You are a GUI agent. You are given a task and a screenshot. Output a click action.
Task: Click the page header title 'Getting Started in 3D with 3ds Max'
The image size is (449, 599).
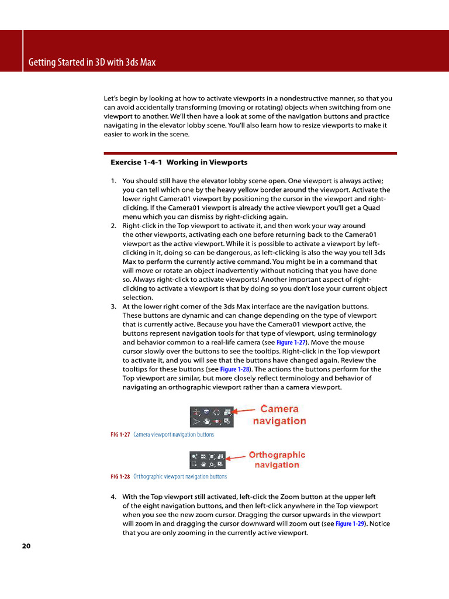click(92, 62)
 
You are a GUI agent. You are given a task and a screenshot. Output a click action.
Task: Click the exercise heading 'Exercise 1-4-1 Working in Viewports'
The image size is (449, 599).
click(179, 162)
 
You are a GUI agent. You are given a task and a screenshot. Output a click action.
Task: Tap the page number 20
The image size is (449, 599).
click(26, 546)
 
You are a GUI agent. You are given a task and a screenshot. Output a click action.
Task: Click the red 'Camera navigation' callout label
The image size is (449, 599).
click(279, 415)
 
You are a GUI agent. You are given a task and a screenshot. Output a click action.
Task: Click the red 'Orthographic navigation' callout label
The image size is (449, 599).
click(277, 460)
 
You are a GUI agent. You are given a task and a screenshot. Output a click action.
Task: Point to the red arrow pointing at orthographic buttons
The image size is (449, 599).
click(236, 458)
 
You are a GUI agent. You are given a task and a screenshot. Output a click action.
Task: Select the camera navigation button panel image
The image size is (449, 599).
click(210, 416)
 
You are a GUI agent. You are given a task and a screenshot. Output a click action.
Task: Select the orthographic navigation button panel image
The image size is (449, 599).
click(207, 460)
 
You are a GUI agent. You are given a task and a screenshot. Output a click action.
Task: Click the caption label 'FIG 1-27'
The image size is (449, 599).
click(120, 435)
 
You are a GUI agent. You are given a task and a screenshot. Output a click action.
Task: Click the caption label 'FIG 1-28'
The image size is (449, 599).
click(120, 477)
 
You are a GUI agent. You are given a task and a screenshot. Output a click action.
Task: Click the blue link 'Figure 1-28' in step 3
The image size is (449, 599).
click(236, 369)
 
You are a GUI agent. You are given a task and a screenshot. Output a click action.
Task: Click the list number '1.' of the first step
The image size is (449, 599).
click(113, 181)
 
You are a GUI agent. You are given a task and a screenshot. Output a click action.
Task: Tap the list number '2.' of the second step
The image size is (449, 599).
click(113, 225)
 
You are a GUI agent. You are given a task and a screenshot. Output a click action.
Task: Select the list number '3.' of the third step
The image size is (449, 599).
click(113, 307)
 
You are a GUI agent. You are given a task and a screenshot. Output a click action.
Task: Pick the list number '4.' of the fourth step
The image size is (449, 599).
click(113, 497)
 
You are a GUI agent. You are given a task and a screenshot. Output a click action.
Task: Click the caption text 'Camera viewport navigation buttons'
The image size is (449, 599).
click(174, 435)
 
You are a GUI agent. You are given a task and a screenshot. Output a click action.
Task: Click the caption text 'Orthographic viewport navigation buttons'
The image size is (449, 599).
click(180, 477)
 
